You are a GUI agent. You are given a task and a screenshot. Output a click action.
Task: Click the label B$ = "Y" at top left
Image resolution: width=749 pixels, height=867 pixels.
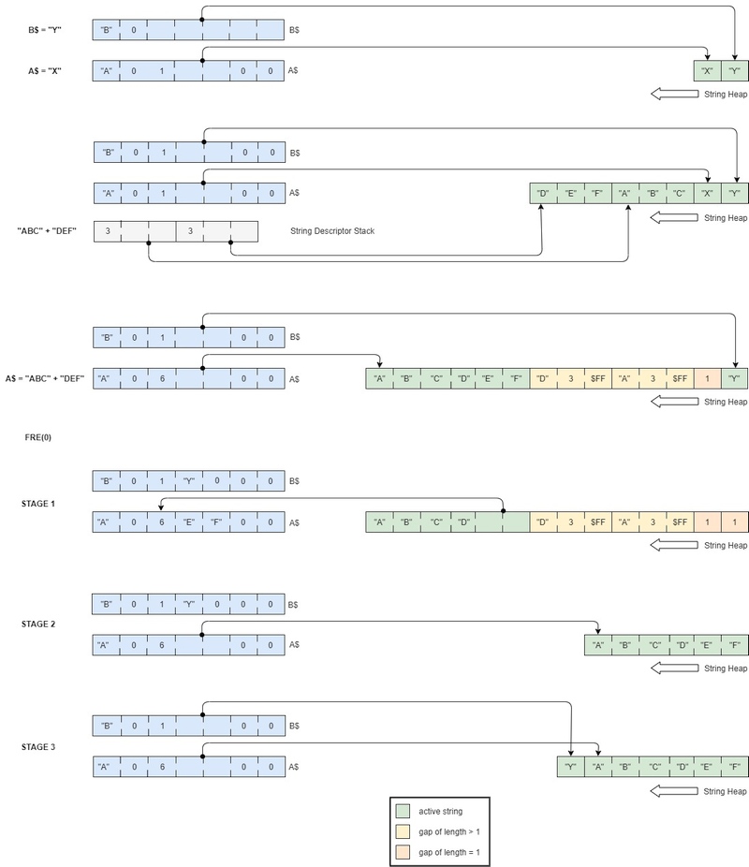(45, 30)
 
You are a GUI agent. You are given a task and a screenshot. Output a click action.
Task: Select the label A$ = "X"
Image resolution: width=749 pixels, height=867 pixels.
(45, 71)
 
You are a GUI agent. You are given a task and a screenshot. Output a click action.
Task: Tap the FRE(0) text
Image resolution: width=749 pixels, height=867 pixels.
(38, 437)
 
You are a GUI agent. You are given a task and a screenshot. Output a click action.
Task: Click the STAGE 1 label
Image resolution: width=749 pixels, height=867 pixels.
(38, 504)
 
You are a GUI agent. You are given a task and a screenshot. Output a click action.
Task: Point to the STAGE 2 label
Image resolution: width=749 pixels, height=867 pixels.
(38, 625)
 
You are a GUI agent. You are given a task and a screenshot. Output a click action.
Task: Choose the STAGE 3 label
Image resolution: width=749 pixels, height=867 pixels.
(38, 747)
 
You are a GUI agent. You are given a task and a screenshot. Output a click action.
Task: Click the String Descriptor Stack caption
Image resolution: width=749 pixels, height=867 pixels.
(332, 231)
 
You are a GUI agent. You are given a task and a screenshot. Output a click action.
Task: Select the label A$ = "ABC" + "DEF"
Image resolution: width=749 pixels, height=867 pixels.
(45, 379)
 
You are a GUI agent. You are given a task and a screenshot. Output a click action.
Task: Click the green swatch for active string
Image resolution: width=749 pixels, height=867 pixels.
(403, 811)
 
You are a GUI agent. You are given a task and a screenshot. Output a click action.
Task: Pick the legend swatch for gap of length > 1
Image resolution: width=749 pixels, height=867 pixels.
(403, 831)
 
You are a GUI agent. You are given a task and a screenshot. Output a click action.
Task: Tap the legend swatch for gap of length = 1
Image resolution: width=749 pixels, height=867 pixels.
(403, 852)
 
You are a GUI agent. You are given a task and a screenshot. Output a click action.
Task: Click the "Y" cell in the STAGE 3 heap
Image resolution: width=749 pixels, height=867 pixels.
(570, 767)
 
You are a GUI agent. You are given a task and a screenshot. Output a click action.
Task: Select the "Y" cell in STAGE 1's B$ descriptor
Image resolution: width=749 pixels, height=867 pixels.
(189, 481)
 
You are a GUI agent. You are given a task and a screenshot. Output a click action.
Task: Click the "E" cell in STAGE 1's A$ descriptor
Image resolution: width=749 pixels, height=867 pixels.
(189, 522)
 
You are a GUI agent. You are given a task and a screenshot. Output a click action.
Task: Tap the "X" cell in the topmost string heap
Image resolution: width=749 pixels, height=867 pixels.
(708, 71)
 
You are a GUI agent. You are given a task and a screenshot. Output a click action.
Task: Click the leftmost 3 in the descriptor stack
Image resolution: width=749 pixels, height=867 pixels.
(108, 231)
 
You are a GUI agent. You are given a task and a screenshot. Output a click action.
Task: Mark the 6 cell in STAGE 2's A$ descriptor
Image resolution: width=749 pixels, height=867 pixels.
(161, 645)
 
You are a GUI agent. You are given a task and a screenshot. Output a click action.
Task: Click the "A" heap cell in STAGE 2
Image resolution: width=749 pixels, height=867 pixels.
(598, 645)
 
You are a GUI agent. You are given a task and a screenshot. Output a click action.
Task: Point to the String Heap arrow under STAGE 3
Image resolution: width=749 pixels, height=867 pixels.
(674, 791)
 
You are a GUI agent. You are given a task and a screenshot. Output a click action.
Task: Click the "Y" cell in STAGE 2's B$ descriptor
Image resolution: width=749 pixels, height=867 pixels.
(189, 604)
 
